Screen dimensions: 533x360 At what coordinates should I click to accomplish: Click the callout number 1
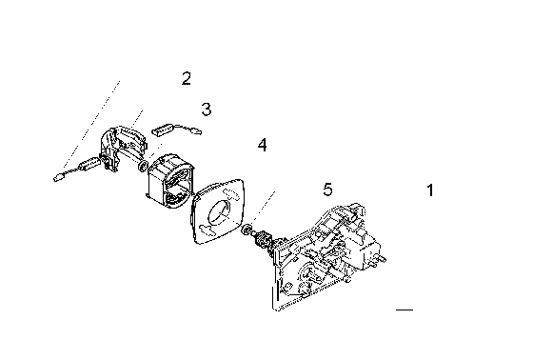click(x=430, y=190)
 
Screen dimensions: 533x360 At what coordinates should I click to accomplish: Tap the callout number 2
click(x=187, y=78)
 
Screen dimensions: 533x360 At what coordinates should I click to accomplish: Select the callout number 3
click(x=207, y=110)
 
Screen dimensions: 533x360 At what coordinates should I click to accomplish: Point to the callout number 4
click(x=262, y=145)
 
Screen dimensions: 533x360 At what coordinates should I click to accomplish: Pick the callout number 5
click(x=327, y=190)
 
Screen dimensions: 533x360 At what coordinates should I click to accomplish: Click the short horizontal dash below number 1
click(x=405, y=310)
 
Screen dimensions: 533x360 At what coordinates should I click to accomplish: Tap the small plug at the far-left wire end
click(x=58, y=177)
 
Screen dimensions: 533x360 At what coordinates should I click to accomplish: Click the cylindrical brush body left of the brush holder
click(x=89, y=164)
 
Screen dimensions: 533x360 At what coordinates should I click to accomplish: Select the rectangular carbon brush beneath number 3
click(x=164, y=130)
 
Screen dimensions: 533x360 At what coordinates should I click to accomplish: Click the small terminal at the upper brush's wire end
click(x=197, y=130)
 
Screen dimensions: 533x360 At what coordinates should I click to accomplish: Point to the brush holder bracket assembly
click(x=123, y=148)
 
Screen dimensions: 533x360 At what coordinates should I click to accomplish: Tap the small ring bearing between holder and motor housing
click(x=143, y=167)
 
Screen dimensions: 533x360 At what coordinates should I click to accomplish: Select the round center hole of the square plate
click(x=220, y=212)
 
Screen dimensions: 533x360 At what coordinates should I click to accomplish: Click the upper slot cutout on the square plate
click(x=233, y=194)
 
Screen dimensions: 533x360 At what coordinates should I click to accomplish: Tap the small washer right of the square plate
click(x=247, y=229)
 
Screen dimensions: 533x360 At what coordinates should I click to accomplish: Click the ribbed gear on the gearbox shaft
click(x=262, y=237)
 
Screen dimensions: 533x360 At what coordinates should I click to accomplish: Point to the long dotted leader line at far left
click(x=91, y=124)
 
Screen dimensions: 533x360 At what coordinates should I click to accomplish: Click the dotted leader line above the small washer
click(x=263, y=208)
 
